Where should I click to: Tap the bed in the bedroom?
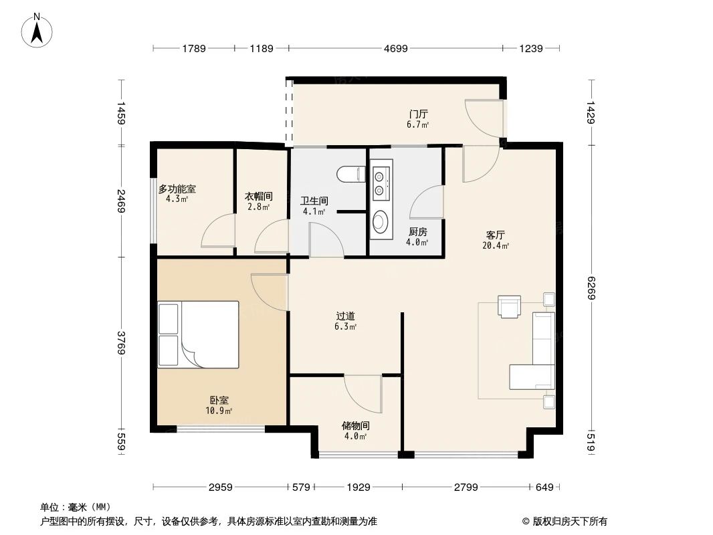click(198, 334)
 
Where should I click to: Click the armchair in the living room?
click(509, 306)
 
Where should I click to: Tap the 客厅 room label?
click(495, 235)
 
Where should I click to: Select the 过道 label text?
click(345, 316)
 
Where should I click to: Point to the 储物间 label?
click(355, 425)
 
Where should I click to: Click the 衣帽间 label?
click(258, 197)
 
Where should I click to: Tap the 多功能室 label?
click(177, 189)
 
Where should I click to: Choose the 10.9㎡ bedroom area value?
click(219, 411)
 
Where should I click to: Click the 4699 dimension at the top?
click(395, 48)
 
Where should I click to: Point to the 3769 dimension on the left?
click(122, 343)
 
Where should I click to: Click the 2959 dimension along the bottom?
click(220, 488)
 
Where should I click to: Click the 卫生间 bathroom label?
click(313, 200)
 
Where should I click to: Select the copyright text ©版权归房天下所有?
click(565, 521)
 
